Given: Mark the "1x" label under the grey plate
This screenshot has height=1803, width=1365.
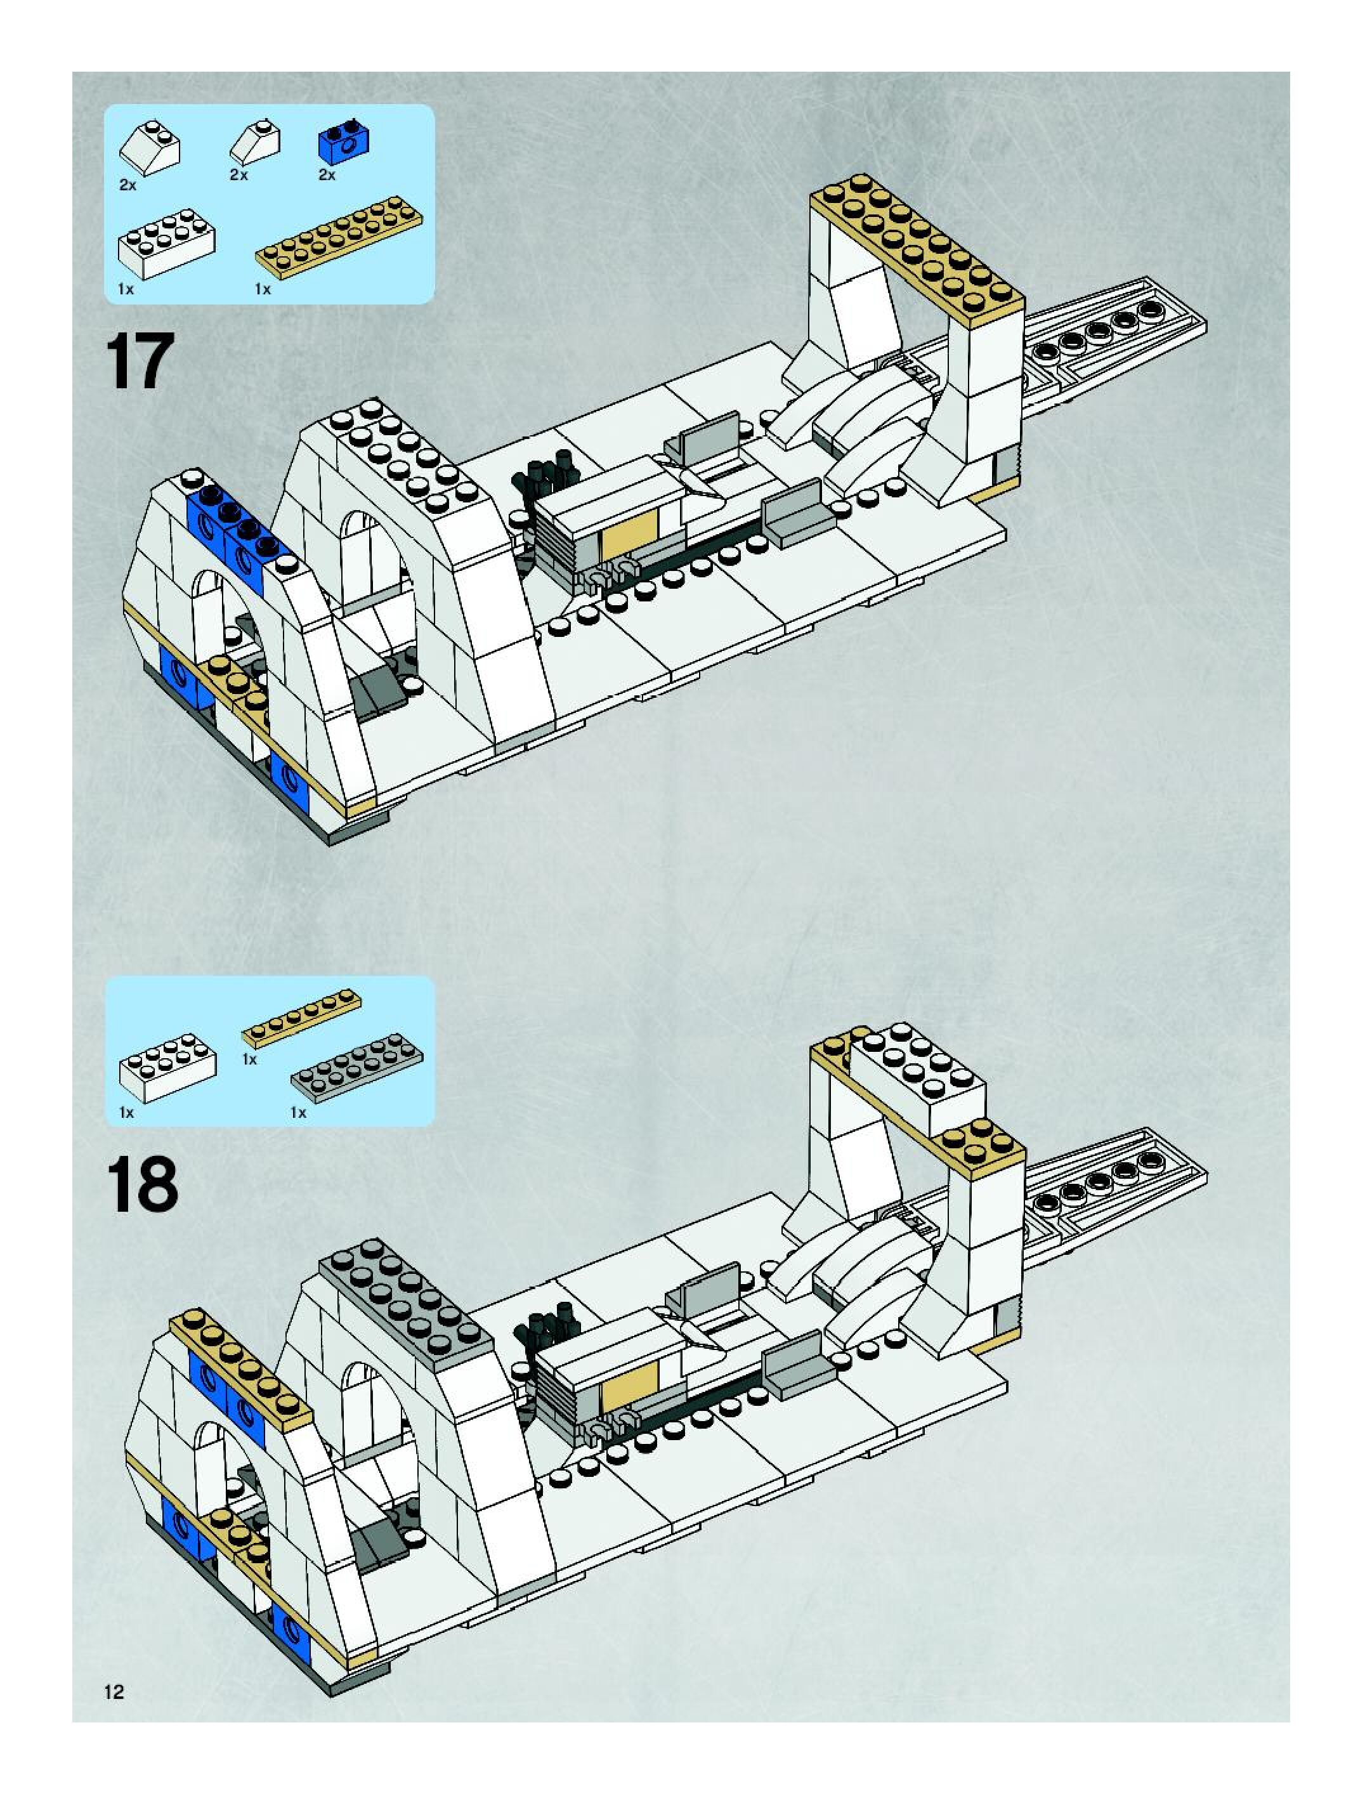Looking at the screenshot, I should [298, 1113].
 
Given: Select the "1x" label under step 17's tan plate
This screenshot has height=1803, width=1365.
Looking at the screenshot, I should [263, 289].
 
